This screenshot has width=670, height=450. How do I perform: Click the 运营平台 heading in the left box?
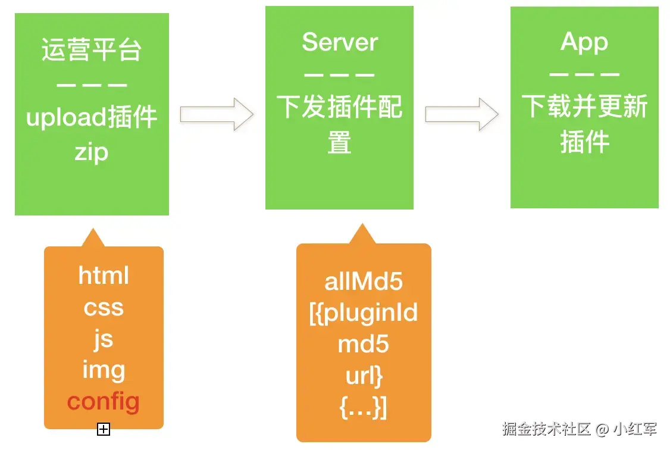coord(92,51)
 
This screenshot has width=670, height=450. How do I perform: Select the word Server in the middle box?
coord(339,42)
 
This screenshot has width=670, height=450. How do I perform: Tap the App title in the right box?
coord(584,42)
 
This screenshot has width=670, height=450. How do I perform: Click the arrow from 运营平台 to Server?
coord(217,114)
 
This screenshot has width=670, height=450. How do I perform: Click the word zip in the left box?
coord(92,152)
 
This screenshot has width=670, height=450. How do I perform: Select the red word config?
coord(104,401)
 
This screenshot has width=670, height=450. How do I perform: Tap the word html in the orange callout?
coord(104,276)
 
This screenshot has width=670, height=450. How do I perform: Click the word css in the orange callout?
coord(104,307)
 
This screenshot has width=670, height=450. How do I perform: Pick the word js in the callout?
coord(104,339)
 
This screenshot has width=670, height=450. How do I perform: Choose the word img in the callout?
coord(104,370)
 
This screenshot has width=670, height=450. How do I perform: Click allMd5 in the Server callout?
coord(364,282)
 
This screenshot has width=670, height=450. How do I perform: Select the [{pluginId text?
coord(364,313)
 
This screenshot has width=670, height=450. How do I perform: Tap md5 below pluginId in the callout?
coord(364,345)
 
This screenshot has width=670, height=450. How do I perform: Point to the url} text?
coord(364,376)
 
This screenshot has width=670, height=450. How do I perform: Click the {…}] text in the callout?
coord(364,408)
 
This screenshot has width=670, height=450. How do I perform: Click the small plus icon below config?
coord(104,429)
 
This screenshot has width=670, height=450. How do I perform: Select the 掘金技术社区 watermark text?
coord(546,429)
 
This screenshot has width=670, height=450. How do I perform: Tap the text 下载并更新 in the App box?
coord(584,107)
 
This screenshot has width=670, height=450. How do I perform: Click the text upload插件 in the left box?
coord(92,118)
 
